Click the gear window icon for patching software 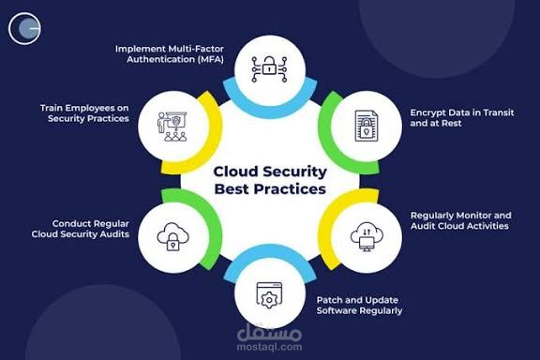click(269, 294)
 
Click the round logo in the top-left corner click(24, 29)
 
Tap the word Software click(337, 310)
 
